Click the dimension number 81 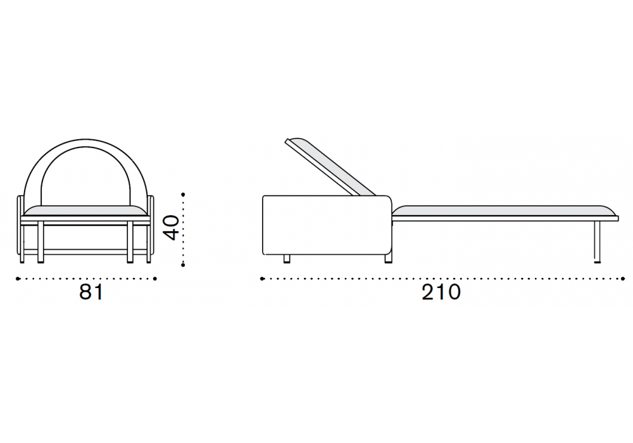(x=92, y=292)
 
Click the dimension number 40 (x=172, y=228)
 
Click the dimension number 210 (x=441, y=292)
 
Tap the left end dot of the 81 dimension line (x=17, y=278)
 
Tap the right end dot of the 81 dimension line (x=156, y=278)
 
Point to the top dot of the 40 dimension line (x=184, y=194)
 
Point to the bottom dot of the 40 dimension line (x=184, y=265)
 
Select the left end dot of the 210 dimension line (x=263, y=278)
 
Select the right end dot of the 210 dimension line (x=624, y=278)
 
